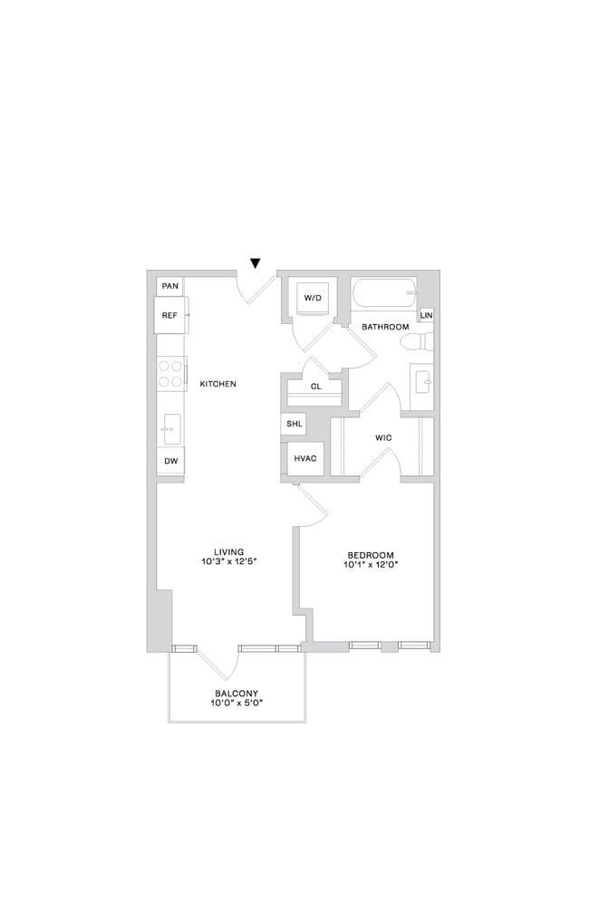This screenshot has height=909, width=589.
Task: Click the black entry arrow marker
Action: pos(256,263)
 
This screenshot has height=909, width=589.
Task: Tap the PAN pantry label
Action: pos(169,286)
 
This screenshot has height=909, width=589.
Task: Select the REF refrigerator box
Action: pos(170,315)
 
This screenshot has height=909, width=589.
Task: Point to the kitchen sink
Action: pos(170,428)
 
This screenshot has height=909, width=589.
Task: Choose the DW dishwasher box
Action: pos(170,461)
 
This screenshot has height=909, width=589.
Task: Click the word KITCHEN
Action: pos(217,384)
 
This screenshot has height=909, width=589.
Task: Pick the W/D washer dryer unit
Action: pos(313,298)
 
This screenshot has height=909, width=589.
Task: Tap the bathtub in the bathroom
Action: pos(384,293)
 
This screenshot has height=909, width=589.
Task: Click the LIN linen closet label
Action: pos(426,315)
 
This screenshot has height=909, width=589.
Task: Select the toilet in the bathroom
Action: pos(418,342)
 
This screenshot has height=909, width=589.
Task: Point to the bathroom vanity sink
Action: pos(422,380)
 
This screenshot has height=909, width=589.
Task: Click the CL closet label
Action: pos(315,387)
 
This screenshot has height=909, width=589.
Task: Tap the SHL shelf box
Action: pos(294,424)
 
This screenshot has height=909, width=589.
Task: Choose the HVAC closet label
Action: pos(304,458)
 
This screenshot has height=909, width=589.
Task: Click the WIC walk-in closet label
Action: pos(383,438)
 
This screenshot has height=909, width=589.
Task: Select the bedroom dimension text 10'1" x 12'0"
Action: pos(371,564)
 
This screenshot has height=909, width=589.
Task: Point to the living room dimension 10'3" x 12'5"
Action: pos(230,561)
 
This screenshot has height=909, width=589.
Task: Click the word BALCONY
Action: pos(236,693)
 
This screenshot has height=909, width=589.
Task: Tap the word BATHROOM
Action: pos(385,326)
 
